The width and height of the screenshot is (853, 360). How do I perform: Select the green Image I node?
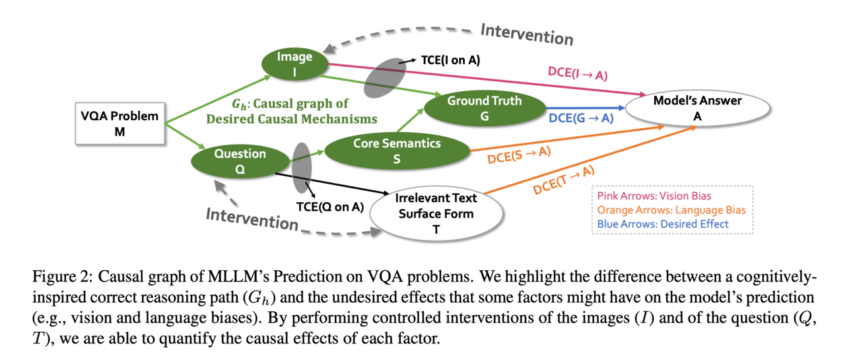[x=294, y=64]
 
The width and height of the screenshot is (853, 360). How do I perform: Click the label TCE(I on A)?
[x=451, y=60]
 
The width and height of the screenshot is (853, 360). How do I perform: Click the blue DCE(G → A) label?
[x=581, y=118]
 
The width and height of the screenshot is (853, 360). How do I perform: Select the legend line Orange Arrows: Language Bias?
[x=664, y=210]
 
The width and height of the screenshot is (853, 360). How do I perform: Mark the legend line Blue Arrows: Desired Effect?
[x=662, y=224]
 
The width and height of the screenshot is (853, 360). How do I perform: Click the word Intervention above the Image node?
[x=527, y=34]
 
